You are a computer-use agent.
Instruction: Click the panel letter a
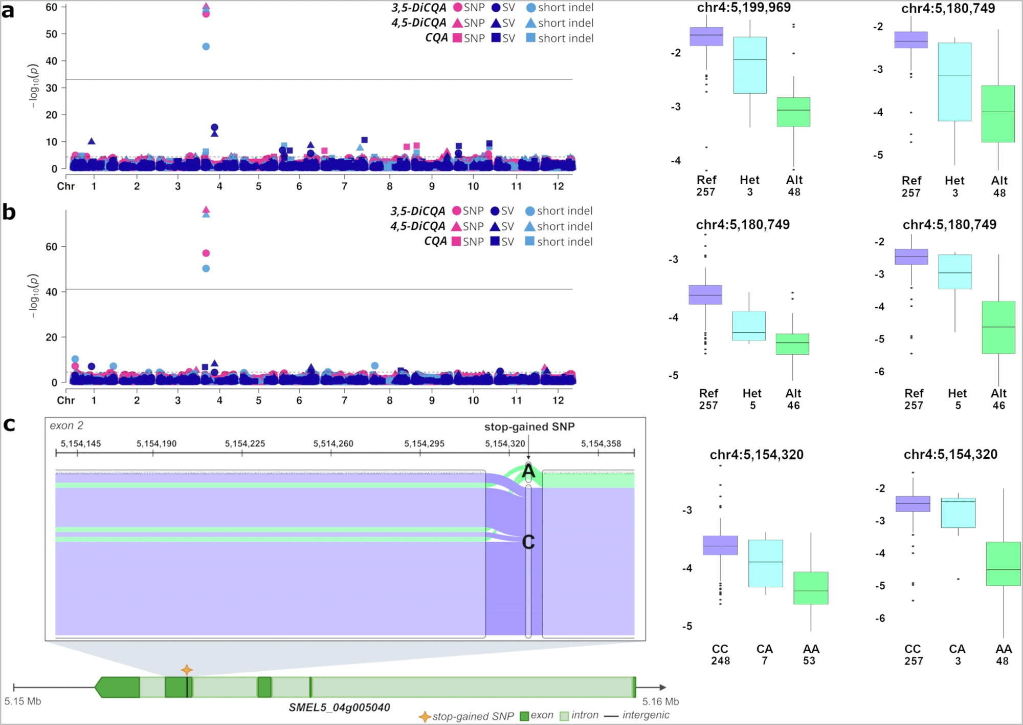pos(8,10)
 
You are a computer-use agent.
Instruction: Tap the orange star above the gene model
pos(187,670)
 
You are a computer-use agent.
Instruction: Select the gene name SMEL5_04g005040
pos(339,708)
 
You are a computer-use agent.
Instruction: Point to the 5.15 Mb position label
pos(23,701)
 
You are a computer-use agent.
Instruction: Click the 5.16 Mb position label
pos(660,701)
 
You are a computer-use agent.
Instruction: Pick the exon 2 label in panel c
pos(66,425)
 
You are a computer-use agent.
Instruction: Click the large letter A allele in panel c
pos(528,472)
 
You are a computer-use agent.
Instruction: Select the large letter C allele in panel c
pos(528,542)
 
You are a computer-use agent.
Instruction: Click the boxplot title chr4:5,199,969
pos(744,8)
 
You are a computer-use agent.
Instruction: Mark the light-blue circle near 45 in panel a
pos(206,47)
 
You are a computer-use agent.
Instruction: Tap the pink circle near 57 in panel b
pos(206,253)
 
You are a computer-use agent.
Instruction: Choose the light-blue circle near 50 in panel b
pos(206,268)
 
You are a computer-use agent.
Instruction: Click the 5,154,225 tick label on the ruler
pos(245,443)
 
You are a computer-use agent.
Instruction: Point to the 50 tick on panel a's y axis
pos(52,34)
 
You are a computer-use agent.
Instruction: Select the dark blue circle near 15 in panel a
pos(215,127)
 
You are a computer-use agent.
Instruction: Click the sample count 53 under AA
pos(809,661)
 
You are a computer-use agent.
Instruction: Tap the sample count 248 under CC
pos(720,661)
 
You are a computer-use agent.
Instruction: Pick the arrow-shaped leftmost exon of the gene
pos(118,687)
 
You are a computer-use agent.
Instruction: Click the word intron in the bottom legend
pos(585,715)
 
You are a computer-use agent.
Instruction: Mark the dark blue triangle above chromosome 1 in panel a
pos(92,141)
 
